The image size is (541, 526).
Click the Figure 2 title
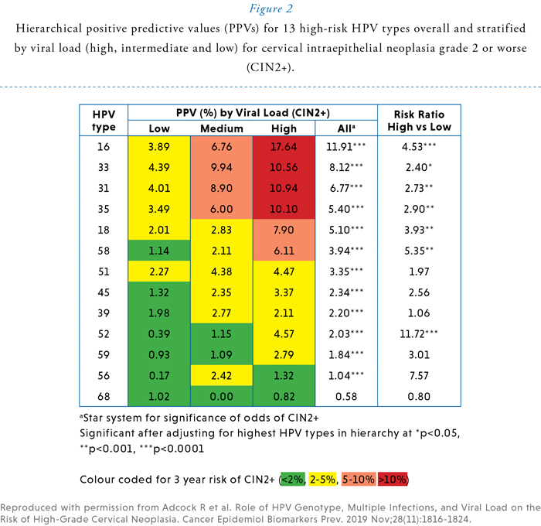tap(270, 10)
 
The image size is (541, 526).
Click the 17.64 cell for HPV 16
tap(284, 146)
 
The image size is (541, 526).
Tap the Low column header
tap(159, 128)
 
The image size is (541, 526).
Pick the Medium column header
tap(222, 128)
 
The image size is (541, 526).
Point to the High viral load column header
tap(284, 128)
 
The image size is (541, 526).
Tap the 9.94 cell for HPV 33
tap(221, 167)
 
